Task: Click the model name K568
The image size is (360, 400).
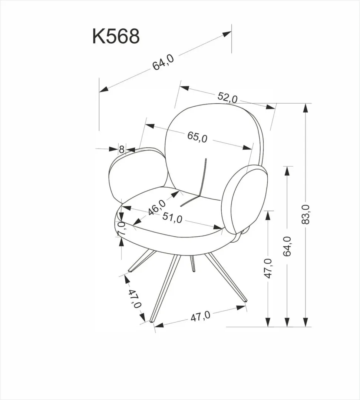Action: (x=116, y=36)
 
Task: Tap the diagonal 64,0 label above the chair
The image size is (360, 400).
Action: (x=163, y=62)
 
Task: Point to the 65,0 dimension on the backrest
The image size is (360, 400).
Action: (x=197, y=137)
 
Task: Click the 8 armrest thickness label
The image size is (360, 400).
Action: (x=122, y=150)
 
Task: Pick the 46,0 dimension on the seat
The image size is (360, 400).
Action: (x=156, y=207)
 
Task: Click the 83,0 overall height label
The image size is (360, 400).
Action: (x=306, y=214)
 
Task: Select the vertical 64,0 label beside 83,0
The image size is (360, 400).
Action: (x=287, y=246)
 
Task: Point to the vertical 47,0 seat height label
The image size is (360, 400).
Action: (x=268, y=269)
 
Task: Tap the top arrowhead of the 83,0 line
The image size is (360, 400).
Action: (x=305, y=107)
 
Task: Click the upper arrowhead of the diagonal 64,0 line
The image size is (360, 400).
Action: (x=227, y=34)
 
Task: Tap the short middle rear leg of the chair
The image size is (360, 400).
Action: (x=192, y=264)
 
